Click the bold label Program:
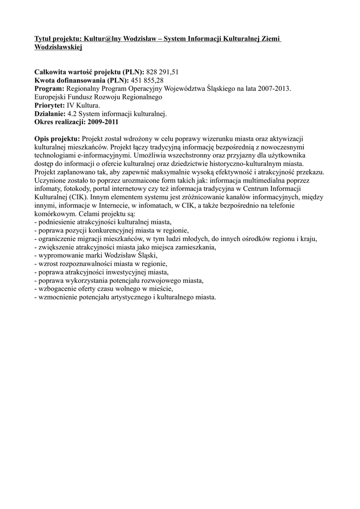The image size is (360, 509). [x=49, y=88]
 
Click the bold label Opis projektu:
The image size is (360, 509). [x=57, y=139]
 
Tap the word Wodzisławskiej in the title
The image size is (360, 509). [x=58, y=47]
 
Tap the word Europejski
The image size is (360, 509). [x=50, y=97]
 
